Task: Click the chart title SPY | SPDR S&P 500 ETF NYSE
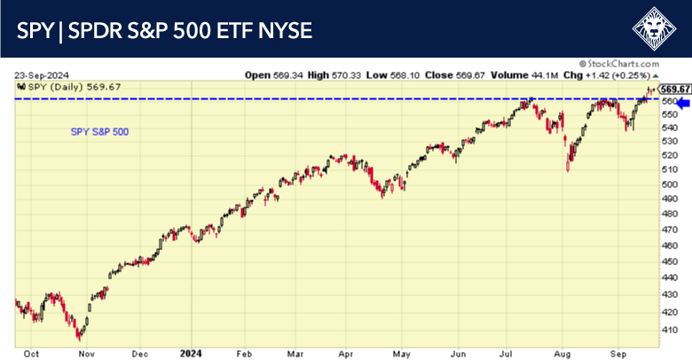pos(164,31)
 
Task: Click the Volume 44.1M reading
pos(531,74)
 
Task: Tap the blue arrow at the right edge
pos(683,104)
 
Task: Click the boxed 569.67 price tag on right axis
pos(676,89)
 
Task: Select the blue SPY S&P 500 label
pos(99,132)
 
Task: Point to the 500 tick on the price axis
pos(672,184)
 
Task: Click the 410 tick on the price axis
pos(672,329)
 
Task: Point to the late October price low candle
pos(80,336)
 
